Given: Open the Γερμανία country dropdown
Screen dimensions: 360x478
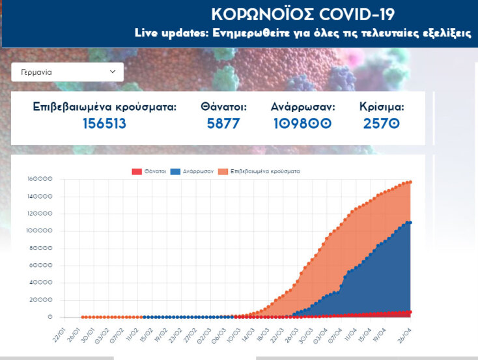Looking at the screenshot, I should tap(67, 72).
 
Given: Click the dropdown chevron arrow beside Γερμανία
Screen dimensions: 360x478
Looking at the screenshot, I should tap(112, 72).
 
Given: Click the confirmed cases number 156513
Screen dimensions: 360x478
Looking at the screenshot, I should tap(104, 123).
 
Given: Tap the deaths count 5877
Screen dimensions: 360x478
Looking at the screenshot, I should tap(223, 123).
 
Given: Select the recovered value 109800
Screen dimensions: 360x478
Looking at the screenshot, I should tap(302, 123).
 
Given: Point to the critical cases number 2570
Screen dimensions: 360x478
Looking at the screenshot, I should tap(381, 123).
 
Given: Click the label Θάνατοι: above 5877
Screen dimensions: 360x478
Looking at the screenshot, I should tap(223, 106).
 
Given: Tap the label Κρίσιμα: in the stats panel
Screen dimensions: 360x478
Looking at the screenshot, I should tap(381, 106).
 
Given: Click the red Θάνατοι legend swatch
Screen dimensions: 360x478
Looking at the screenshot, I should tap(137, 171).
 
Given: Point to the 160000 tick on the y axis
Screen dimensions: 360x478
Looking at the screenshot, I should tap(39, 179).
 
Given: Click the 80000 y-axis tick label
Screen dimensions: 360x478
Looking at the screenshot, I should tap(40, 248).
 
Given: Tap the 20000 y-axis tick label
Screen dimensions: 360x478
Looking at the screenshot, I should tap(40, 299).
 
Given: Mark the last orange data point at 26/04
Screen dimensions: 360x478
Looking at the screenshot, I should tap(410, 182).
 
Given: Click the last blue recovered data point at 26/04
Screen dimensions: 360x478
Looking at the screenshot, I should tap(410, 223).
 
